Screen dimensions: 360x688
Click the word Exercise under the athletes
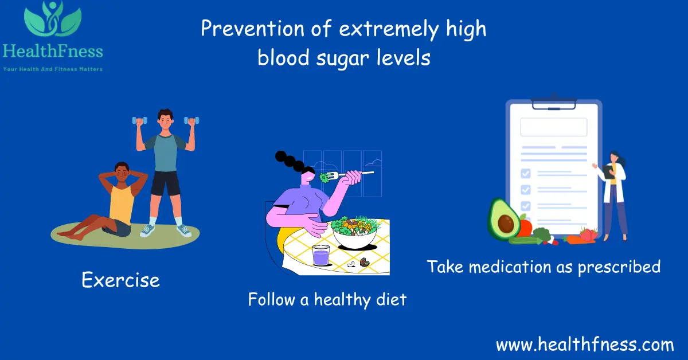[120, 280]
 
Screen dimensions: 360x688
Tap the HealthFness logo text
[53, 52]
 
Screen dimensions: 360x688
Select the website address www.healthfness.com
[585, 345]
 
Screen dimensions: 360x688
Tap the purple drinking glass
[320, 255]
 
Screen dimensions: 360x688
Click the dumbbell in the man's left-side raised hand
[139, 121]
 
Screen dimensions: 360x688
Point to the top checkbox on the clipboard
[525, 173]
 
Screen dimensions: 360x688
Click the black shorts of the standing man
[166, 183]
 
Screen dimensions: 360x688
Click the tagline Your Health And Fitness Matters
[53, 69]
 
